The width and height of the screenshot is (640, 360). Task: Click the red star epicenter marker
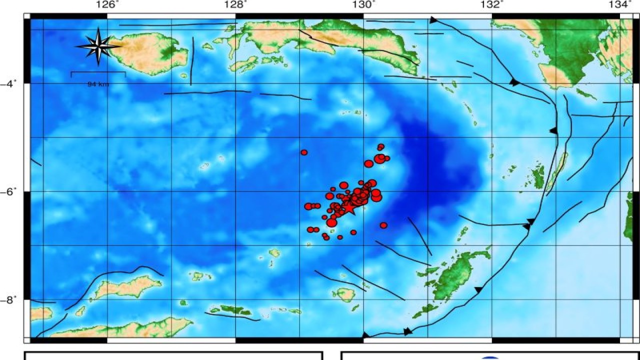coord(348,208)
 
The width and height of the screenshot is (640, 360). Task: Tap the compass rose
coord(98,46)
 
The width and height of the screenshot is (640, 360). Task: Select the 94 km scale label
coord(98,84)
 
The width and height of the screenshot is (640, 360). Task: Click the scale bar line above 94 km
coord(98,73)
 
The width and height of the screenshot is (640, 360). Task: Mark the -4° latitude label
coord(11,83)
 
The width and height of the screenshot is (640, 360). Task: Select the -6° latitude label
coord(11,191)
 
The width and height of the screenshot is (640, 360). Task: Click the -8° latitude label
coord(11,299)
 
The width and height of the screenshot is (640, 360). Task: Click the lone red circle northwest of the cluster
coord(304,152)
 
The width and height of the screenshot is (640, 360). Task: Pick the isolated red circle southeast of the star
coord(383,225)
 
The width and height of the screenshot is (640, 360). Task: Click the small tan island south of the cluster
coord(345,294)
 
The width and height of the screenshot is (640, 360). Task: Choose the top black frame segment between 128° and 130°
coord(299,16)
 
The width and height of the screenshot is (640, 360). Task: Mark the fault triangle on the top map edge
coord(433,20)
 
